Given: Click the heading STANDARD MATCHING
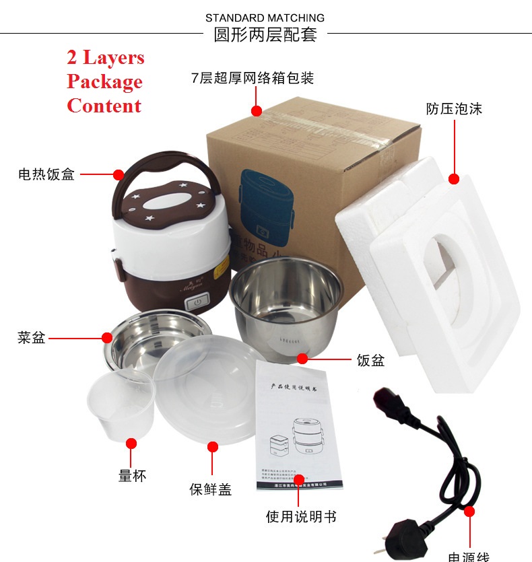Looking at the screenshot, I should point(265,17).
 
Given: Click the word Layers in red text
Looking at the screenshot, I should point(114,58).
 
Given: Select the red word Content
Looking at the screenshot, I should point(104,106).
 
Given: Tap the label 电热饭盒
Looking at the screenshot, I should point(46,175).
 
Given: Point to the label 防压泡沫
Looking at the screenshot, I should point(454,108).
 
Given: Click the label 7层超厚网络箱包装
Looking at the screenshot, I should point(253,78).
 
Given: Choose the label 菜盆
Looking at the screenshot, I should point(31,338).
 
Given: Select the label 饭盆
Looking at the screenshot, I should point(370,360).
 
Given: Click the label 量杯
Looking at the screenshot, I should point(132,476).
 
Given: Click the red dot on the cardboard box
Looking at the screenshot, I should point(256,110).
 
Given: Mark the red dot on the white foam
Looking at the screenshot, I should point(454,179).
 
